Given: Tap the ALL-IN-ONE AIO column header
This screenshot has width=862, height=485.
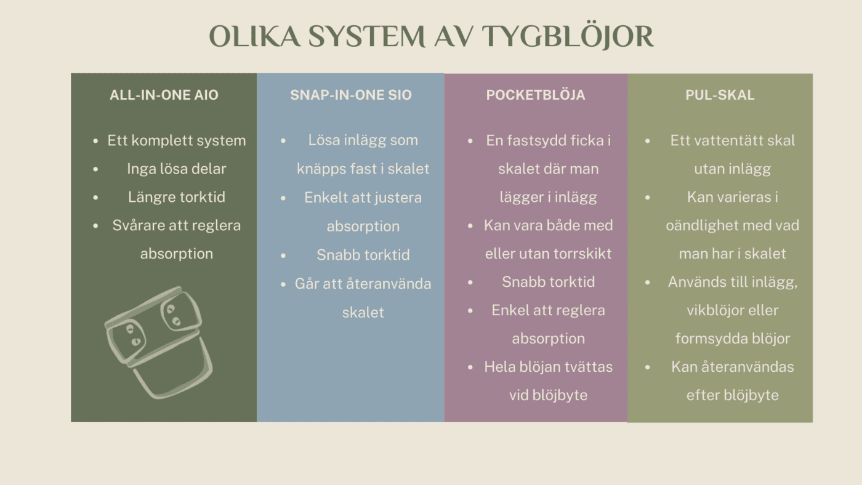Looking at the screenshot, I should [x=164, y=95].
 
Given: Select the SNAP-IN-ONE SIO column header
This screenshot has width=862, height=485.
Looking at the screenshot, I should [x=351, y=95].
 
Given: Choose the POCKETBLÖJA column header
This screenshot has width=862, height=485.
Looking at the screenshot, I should [x=536, y=95].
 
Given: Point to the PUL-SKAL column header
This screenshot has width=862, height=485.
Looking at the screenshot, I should [x=720, y=95].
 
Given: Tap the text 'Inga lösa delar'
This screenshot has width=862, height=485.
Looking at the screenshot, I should [x=176, y=169].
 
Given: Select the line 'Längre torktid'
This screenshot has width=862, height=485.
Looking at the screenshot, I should [x=176, y=197].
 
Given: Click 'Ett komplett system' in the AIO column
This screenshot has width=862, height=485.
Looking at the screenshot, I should [x=176, y=140].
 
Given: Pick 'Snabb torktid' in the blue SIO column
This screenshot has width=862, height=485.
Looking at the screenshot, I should [x=363, y=255].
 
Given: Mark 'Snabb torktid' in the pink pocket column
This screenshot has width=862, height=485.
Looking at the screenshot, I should [x=548, y=282].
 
